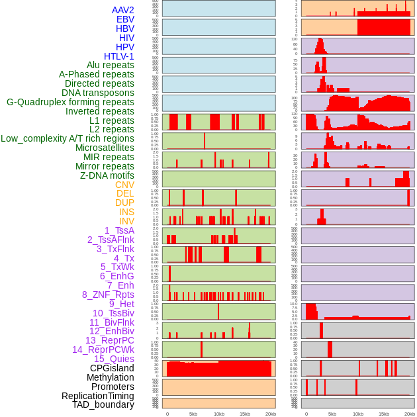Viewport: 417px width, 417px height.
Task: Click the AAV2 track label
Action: (122, 10)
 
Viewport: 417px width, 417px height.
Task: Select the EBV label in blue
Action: (125, 19)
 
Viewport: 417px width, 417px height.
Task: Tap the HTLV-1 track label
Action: (119, 56)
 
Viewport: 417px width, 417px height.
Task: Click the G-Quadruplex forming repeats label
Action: (70, 102)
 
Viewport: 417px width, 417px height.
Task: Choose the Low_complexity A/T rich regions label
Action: (68, 138)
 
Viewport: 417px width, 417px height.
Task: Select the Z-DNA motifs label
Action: (107, 175)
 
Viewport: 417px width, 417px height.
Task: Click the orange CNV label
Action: (124, 185)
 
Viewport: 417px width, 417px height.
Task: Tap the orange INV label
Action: (126, 221)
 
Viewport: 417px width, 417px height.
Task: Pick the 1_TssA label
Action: (119, 230)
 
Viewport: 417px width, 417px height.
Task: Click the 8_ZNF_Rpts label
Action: (108, 295)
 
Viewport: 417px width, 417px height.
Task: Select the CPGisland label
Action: (112, 368)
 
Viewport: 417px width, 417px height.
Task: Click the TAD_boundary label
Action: (103, 404)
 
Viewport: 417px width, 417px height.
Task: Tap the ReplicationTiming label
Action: (98, 396)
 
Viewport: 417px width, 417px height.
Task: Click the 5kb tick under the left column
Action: (193, 414)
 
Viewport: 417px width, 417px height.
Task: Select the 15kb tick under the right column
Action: (384, 414)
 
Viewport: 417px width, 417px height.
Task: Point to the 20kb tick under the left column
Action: (271, 414)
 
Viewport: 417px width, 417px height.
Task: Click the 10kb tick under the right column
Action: (358, 414)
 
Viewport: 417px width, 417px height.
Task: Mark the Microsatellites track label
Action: (105, 148)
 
